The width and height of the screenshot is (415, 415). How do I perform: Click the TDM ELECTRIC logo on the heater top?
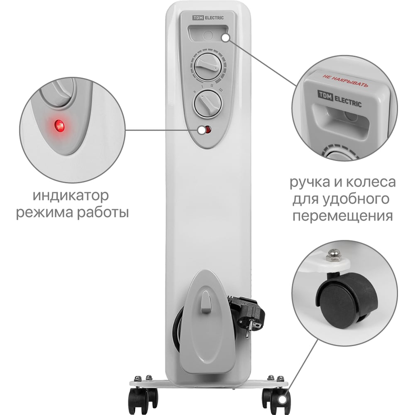[x=208, y=18]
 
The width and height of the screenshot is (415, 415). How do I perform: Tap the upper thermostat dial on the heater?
[x=208, y=66]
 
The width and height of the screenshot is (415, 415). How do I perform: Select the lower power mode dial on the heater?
[x=208, y=103]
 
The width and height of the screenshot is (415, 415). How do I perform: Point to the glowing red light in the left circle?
[x=59, y=126]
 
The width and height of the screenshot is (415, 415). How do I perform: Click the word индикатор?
[x=71, y=195]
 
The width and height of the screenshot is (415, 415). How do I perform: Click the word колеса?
[x=371, y=182]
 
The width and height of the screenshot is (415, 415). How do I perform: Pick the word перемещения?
[x=342, y=216]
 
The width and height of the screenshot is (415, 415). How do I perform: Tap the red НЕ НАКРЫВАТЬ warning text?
[x=345, y=81]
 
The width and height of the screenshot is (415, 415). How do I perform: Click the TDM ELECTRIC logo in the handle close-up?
[x=339, y=98]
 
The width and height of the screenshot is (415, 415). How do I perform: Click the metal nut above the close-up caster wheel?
[x=332, y=255]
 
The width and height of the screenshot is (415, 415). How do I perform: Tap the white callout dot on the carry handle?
[x=225, y=38]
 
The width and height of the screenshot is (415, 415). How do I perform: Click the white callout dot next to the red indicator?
[x=201, y=130]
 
